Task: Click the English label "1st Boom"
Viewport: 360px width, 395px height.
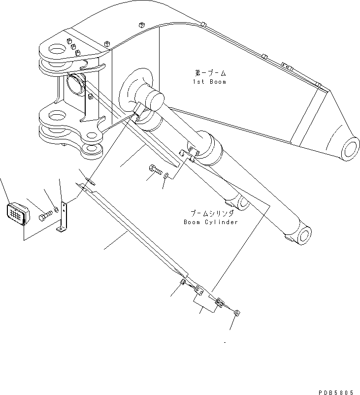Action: (209, 81)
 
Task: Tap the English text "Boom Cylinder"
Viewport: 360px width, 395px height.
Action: (211, 222)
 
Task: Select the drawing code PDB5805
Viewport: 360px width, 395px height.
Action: (335, 392)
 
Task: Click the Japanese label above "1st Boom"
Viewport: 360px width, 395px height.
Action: (209, 72)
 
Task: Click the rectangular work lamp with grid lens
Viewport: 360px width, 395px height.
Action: (17, 214)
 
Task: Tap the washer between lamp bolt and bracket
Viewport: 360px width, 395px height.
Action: (56, 210)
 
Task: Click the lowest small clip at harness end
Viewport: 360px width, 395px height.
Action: (237, 312)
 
